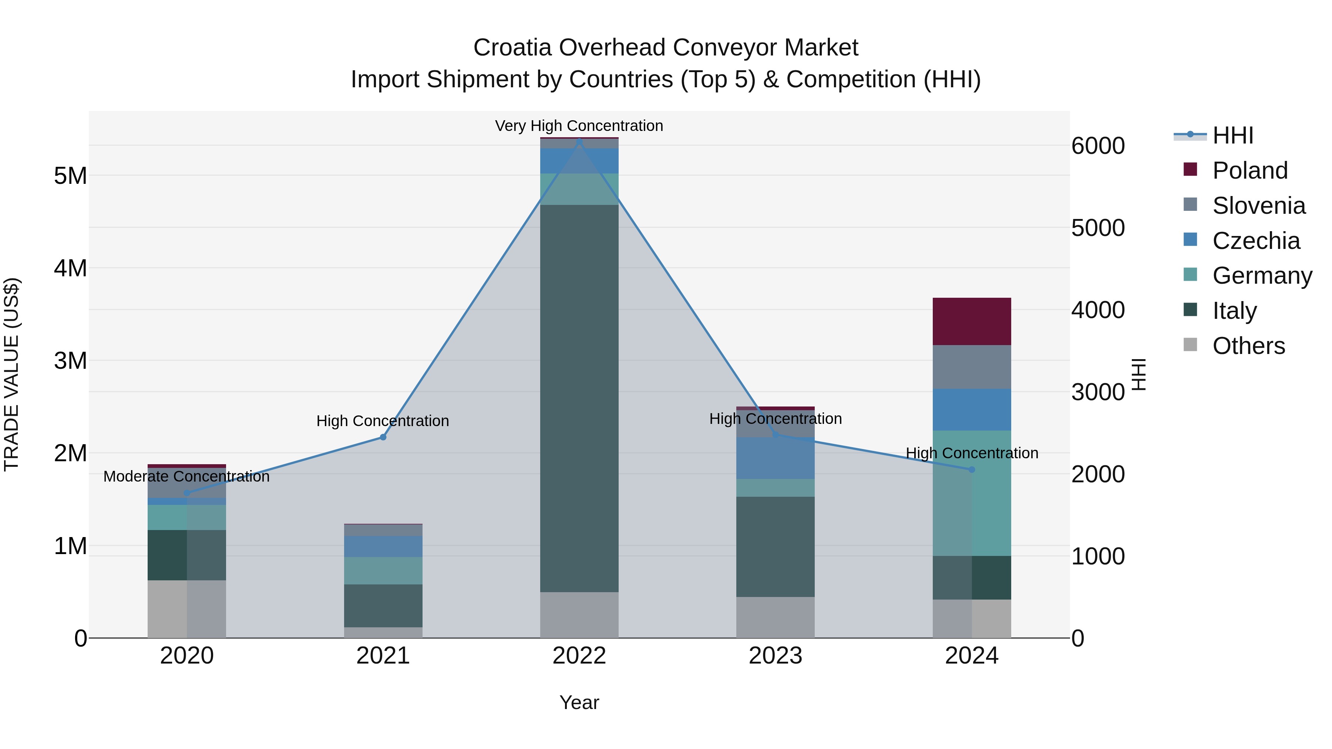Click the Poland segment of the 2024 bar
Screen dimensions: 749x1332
(971, 321)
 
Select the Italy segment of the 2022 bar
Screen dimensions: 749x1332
(579, 398)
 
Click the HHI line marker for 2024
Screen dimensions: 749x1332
(971, 469)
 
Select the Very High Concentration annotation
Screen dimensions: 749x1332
(579, 126)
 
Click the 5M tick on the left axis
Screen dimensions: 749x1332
(70, 176)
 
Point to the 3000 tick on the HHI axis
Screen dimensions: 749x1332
(1097, 392)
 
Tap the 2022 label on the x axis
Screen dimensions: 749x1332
(579, 655)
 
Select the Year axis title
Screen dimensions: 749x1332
(579, 702)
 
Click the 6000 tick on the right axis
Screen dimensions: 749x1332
(1097, 146)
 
